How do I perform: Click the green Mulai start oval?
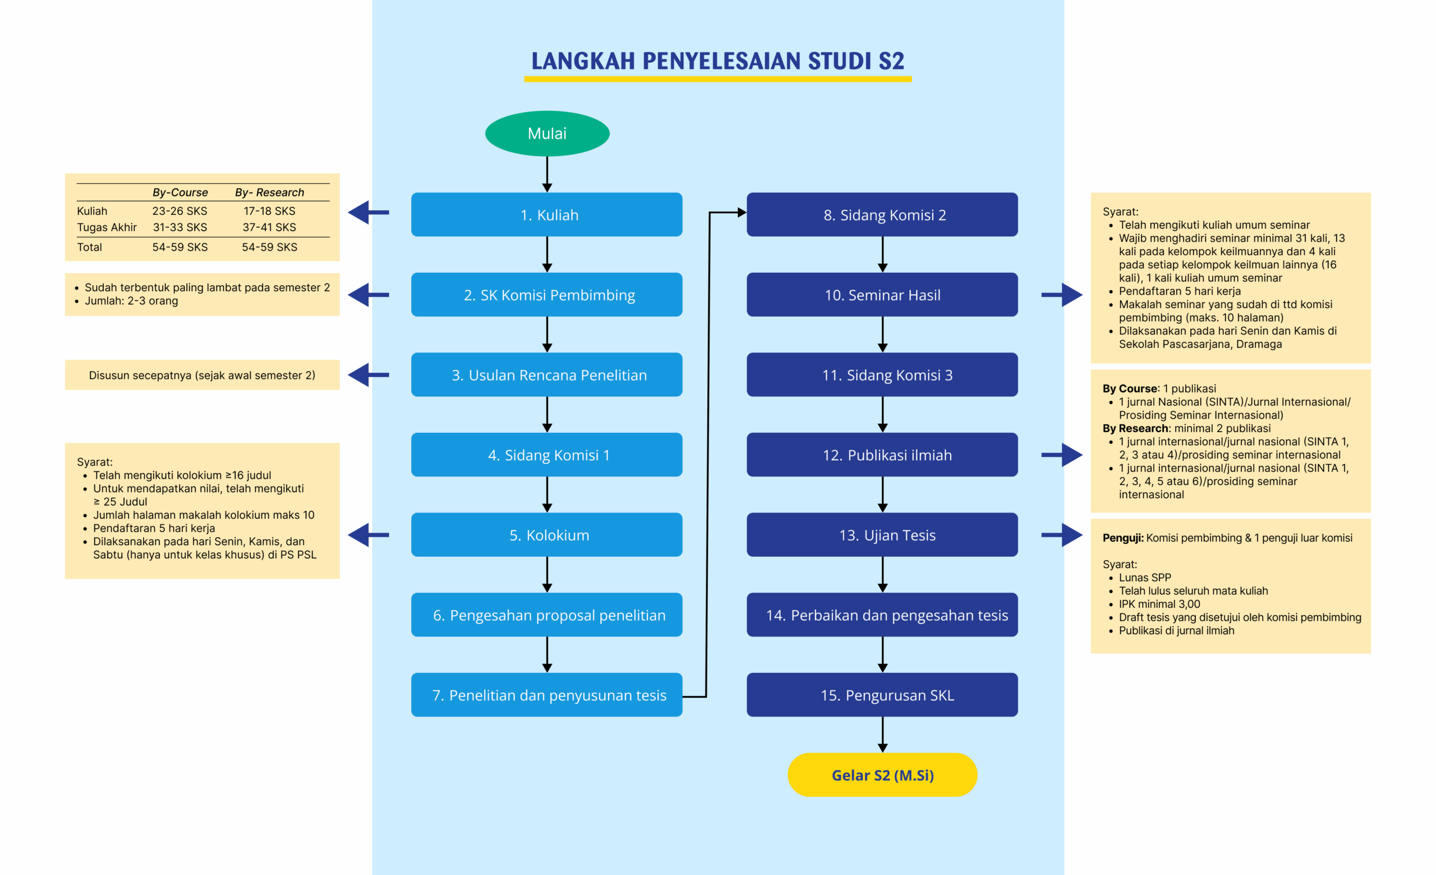coord(547,134)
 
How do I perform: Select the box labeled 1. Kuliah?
coord(547,214)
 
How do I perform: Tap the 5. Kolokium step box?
coord(547,534)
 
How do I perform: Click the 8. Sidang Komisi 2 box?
coord(882,214)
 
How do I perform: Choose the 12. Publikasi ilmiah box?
coord(882,455)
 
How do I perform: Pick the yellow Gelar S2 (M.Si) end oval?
coord(882,775)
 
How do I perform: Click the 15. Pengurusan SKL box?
coord(882,695)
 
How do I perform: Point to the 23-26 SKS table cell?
coord(179,211)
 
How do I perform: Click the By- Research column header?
coord(269,193)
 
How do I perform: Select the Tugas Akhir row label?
coord(107,227)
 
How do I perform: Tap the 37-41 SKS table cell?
coord(269,227)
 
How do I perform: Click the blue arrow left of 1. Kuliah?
coord(369,212)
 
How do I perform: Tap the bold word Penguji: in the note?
coord(1122,538)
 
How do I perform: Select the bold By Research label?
coord(1135,428)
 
